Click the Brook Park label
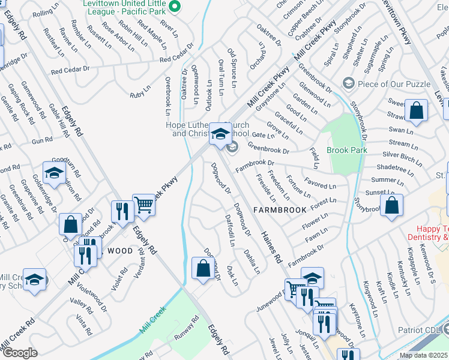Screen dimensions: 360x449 pyautogui.click(x=346, y=150)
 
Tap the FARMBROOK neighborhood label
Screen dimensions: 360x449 pyautogui.click(x=279, y=209)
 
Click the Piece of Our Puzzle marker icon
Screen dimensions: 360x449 pyautogui.click(x=348, y=83)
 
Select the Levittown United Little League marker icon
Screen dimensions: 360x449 pyautogui.click(x=175, y=8)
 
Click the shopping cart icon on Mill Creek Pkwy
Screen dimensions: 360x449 pyautogui.click(x=144, y=206)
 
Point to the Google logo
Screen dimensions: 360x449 pyautogui.click(x=19, y=353)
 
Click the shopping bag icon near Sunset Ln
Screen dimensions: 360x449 pyautogui.click(x=391, y=205)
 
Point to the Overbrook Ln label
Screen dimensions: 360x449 pyautogui.click(x=168, y=97)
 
